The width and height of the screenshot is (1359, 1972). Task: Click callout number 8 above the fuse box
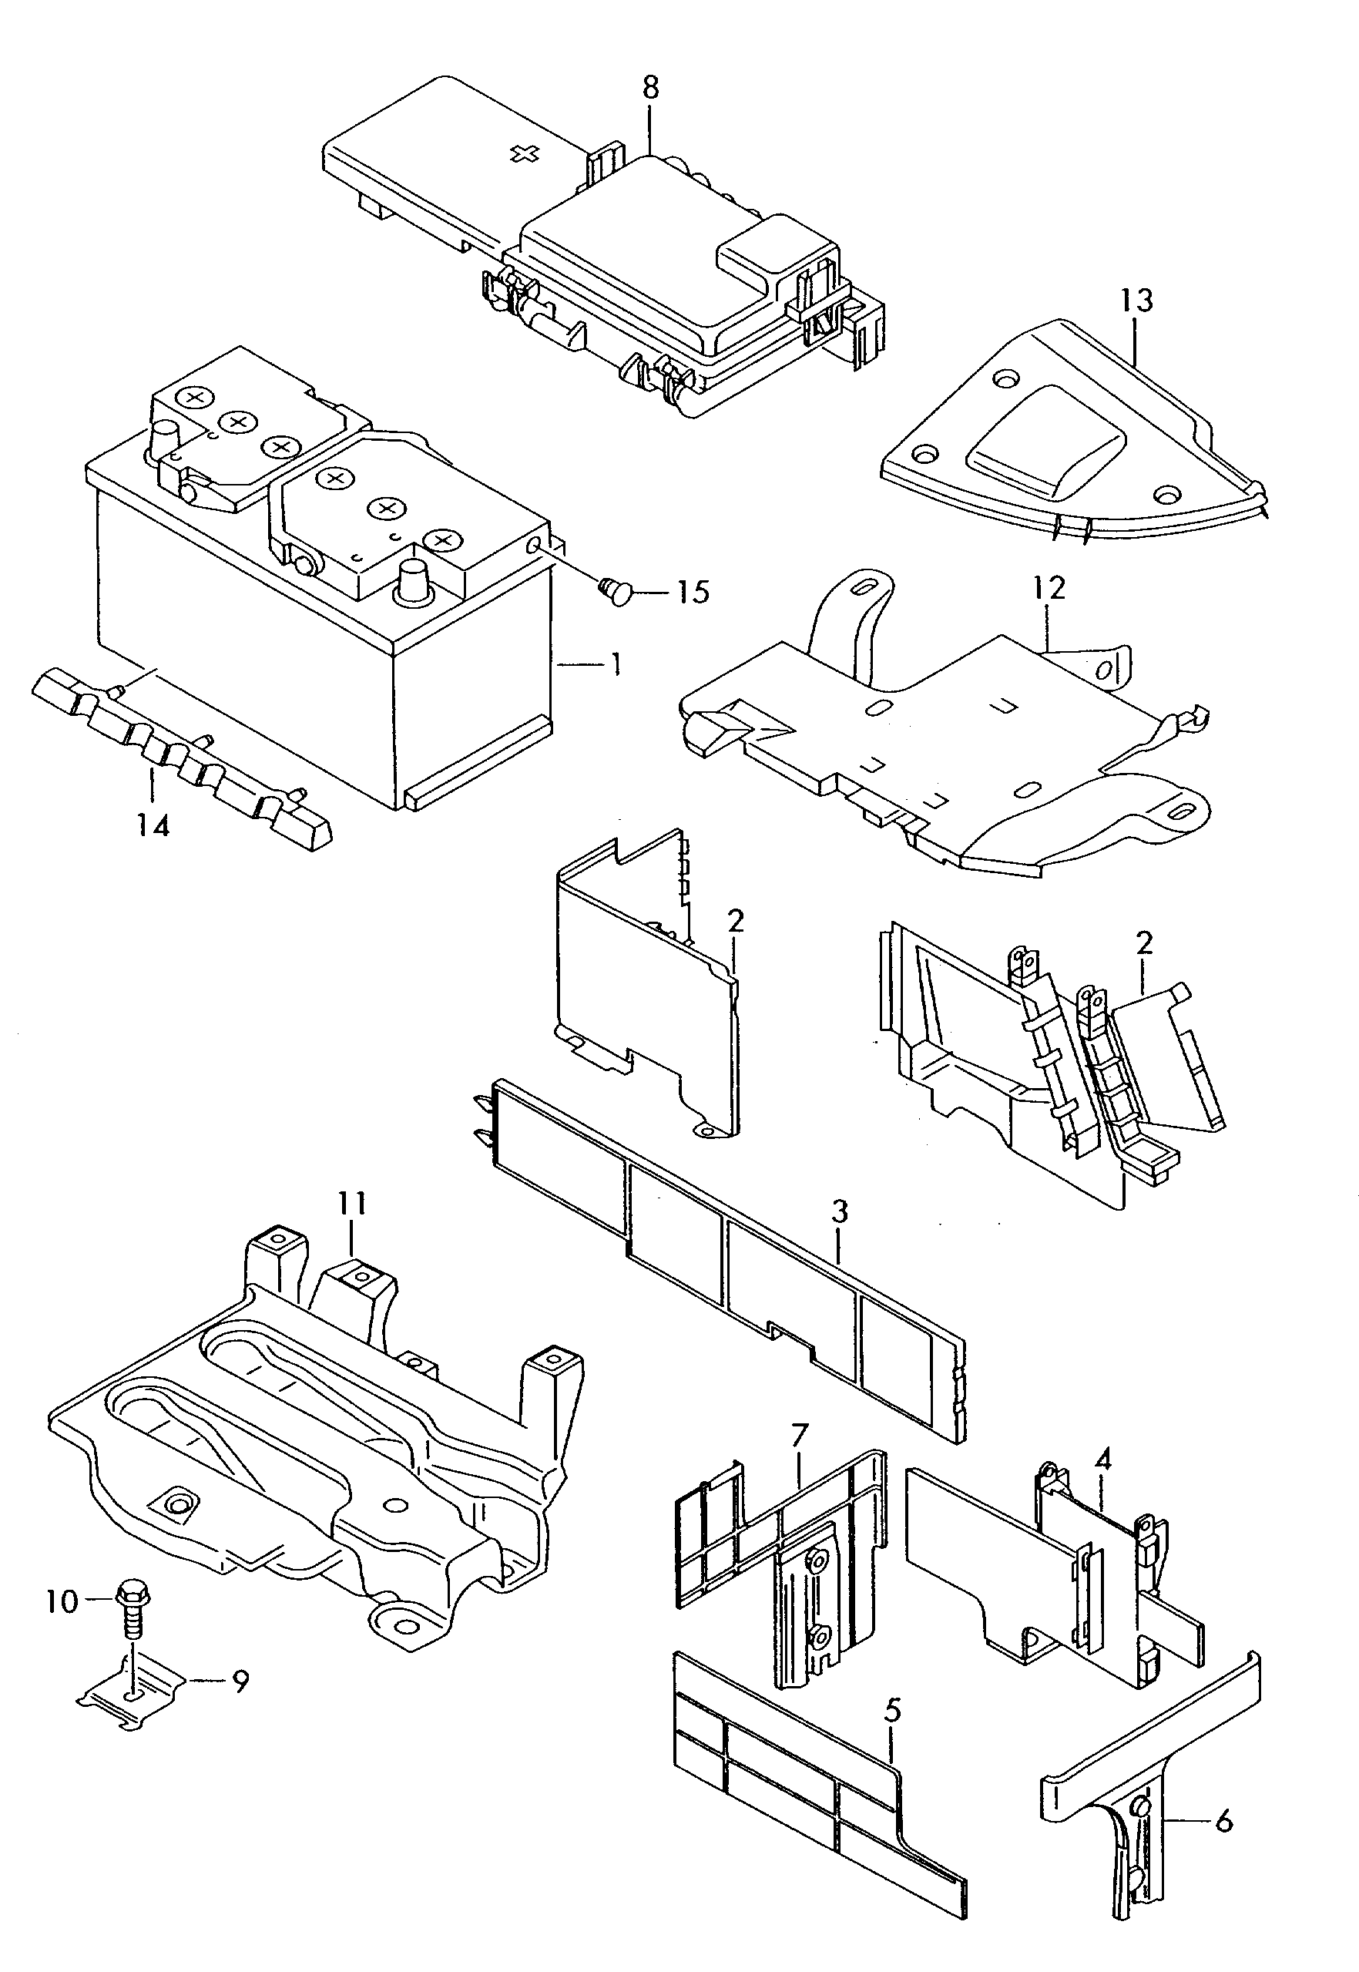pyautogui.click(x=650, y=89)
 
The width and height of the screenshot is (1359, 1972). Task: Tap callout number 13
pyautogui.click(x=1137, y=301)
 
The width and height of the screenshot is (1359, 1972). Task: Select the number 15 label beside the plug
pyautogui.click(x=694, y=592)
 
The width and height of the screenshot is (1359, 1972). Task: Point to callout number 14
pyautogui.click(x=153, y=825)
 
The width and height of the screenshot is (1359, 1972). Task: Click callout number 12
pyautogui.click(x=1050, y=589)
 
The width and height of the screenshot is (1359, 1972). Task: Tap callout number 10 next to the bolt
pyautogui.click(x=62, y=1601)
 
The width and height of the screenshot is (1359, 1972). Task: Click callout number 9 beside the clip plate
pyautogui.click(x=241, y=1680)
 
